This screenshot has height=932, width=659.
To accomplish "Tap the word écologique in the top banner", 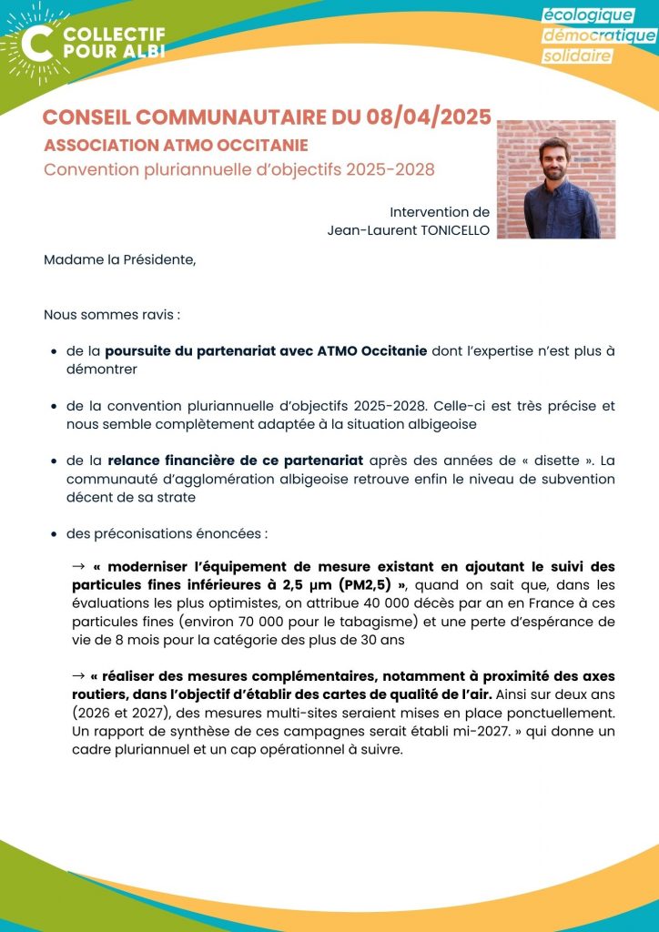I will click(x=588, y=15).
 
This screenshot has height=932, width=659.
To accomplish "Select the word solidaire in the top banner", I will click(x=578, y=56).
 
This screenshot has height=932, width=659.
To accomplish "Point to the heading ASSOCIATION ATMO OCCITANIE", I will click(x=176, y=146).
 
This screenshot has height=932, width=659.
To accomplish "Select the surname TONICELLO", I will click(x=445, y=230).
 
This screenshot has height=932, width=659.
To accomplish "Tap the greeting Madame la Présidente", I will click(x=119, y=259).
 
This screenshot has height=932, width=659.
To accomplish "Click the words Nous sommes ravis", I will click(x=111, y=315).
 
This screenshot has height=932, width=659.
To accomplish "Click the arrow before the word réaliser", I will click(x=78, y=676).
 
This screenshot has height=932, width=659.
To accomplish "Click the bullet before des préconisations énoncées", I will click(x=56, y=533).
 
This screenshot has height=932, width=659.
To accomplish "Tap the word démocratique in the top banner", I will click(x=599, y=35).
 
